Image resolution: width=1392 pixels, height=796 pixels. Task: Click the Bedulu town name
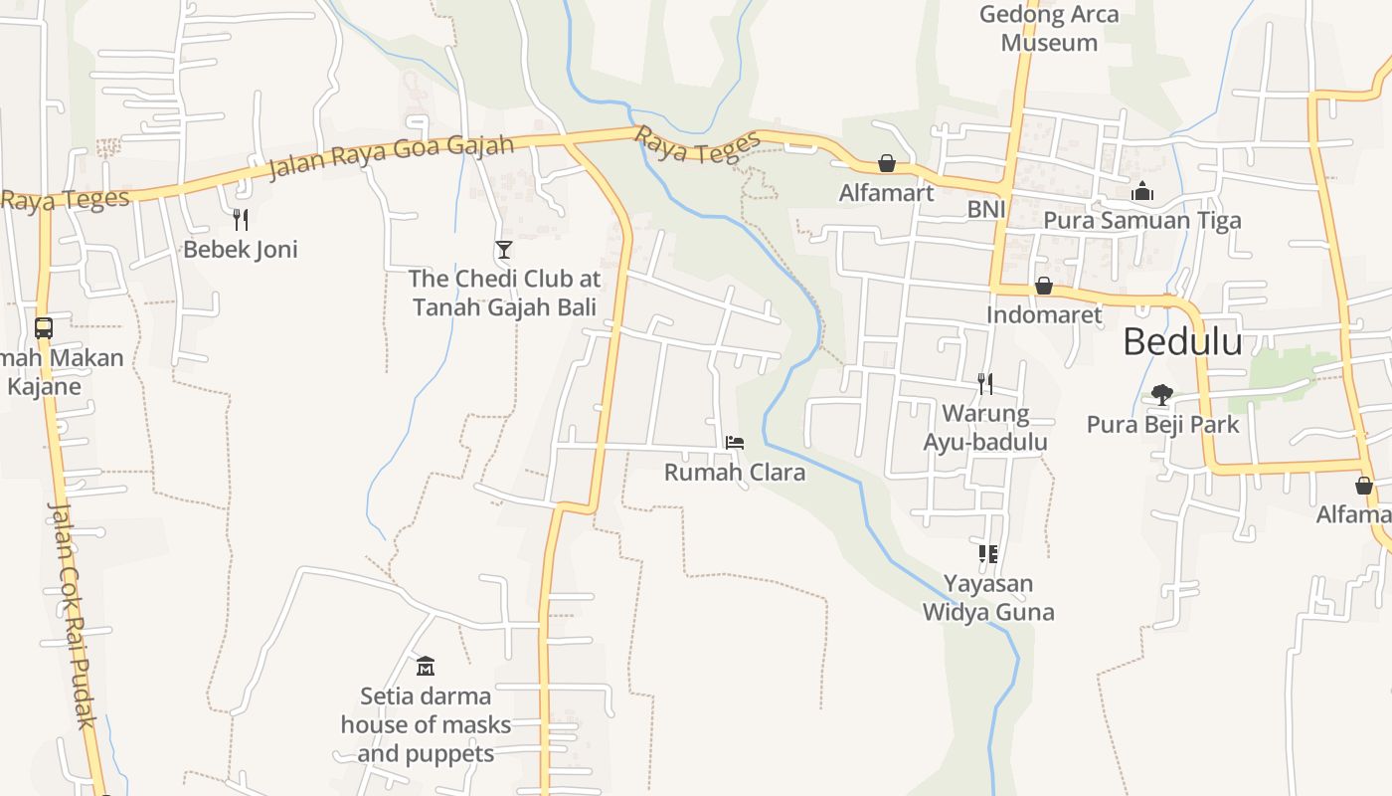pyautogui.click(x=1182, y=342)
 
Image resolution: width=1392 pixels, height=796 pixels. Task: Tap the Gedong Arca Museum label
pyautogui.click(x=1049, y=29)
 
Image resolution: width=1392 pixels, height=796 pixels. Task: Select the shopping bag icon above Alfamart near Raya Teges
pyautogui.click(x=886, y=163)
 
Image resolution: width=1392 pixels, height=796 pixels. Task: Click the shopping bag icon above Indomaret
pyautogui.click(x=1043, y=287)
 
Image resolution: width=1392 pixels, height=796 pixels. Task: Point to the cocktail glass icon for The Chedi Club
pyautogui.click(x=504, y=250)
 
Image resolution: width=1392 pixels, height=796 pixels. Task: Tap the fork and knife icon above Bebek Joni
pyautogui.click(x=240, y=219)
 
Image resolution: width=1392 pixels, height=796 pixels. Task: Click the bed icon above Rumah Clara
pyautogui.click(x=735, y=442)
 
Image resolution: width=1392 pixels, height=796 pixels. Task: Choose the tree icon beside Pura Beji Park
pyautogui.click(x=1161, y=395)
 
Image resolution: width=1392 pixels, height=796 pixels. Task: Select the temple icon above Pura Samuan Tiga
pyautogui.click(x=1142, y=191)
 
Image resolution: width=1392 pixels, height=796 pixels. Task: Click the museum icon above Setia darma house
pyautogui.click(x=426, y=666)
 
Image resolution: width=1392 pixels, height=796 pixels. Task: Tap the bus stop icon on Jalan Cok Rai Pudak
pyautogui.click(x=44, y=327)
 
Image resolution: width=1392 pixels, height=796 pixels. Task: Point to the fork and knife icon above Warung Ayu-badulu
pyautogui.click(x=984, y=383)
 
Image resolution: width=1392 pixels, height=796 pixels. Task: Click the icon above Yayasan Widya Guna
pyautogui.click(x=987, y=554)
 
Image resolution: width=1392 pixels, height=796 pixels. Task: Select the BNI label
pyautogui.click(x=986, y=210)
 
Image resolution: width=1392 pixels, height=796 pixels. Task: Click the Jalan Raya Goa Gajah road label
pyautogui.click(x=391, y=157)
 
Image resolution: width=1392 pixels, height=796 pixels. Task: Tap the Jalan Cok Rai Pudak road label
pyautogui.click(x=71, y=614)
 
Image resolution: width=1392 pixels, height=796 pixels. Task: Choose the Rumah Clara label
pyautogui.click(x=734, y=473)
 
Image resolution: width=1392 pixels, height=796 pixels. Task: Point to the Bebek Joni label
pyautogui.click(x=240, y=249)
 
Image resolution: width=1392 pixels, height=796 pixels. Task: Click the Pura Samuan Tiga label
pyautogui.click(x=1142, y=221)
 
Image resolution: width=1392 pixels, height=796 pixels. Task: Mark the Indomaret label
pyautogui.click(x=1043, y=315)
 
